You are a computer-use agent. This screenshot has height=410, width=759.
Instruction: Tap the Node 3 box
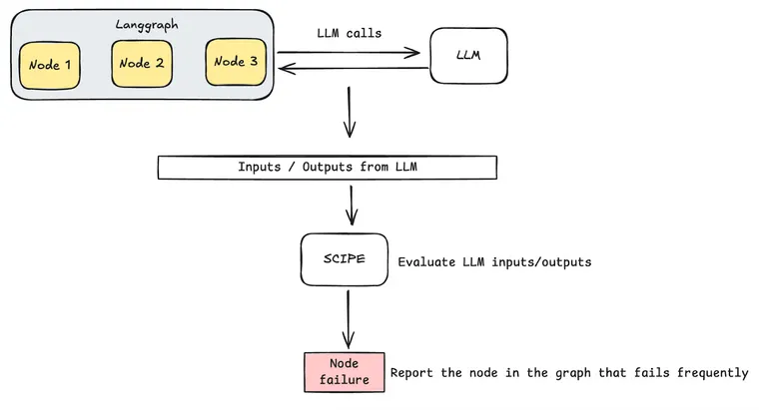[x=236, y=62]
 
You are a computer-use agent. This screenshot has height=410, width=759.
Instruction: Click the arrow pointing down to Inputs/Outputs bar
[x=349, y=112]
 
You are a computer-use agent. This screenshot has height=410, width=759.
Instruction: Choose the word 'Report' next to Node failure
[x=413, y=373]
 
